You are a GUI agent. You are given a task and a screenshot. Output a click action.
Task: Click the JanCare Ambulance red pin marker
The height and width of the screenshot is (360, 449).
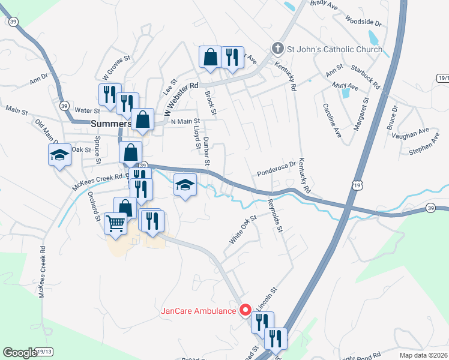[245, 310]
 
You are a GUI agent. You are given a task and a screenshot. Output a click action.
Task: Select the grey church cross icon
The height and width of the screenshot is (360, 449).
[277, 48]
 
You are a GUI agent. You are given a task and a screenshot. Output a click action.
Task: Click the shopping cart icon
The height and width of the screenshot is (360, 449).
[115, 223]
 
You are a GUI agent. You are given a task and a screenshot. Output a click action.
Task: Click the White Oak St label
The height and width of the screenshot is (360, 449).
[243, 229]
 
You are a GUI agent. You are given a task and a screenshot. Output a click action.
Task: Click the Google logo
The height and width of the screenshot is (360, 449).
[20, 353]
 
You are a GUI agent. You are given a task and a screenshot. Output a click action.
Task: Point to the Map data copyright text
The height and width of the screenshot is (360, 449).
[424, 355]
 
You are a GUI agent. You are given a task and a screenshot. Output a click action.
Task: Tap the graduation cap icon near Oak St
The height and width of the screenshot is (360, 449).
[60, 155]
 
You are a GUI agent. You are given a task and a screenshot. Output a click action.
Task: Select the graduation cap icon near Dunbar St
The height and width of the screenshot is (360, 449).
[185, 185]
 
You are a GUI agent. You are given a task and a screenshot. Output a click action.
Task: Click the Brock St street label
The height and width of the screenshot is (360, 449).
[210, 100]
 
